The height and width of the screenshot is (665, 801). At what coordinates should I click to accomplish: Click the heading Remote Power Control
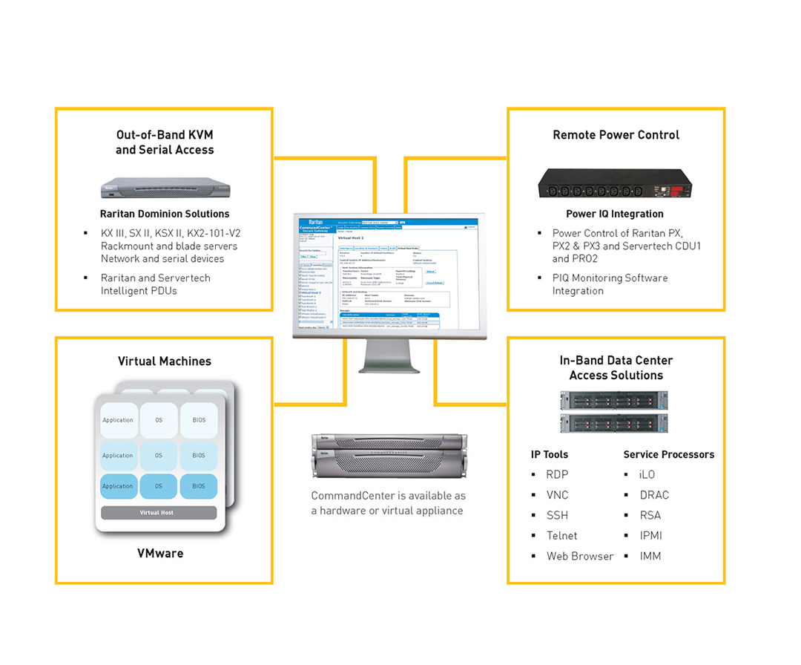(x=616, y=135)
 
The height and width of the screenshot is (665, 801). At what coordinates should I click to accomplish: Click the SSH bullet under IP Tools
(x=557, y=515)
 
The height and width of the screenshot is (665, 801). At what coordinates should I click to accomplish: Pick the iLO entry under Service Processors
(x=647, y=474)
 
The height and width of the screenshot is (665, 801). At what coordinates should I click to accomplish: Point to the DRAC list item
(x=654, y=495)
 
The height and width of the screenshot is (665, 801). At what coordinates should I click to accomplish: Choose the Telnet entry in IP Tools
(x=561, y=536)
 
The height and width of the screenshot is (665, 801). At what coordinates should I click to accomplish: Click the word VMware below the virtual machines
(x=160, y=553)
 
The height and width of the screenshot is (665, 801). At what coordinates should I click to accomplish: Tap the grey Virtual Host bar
(x=156, y=513)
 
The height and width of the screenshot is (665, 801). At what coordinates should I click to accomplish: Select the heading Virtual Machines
(x=164, y=361)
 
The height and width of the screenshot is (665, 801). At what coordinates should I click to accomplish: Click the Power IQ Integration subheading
(x=615, y=214)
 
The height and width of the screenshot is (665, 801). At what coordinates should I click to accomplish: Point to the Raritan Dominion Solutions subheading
(x=165, y=214)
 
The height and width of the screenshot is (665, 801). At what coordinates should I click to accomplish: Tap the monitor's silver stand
(x=389, y=357)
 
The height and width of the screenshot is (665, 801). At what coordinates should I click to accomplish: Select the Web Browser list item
(x=580, y=556)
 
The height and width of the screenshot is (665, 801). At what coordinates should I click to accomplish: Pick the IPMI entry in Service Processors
(x=650, y=536)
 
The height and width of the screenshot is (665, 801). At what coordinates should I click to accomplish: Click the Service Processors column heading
(x=668, y=454)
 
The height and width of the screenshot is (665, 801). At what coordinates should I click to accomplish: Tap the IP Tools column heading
(x=550, y=454)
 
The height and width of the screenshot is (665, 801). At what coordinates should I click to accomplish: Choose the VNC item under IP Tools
(x=557, y=495)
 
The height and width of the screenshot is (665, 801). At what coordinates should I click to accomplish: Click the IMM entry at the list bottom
(x=650, y=556)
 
